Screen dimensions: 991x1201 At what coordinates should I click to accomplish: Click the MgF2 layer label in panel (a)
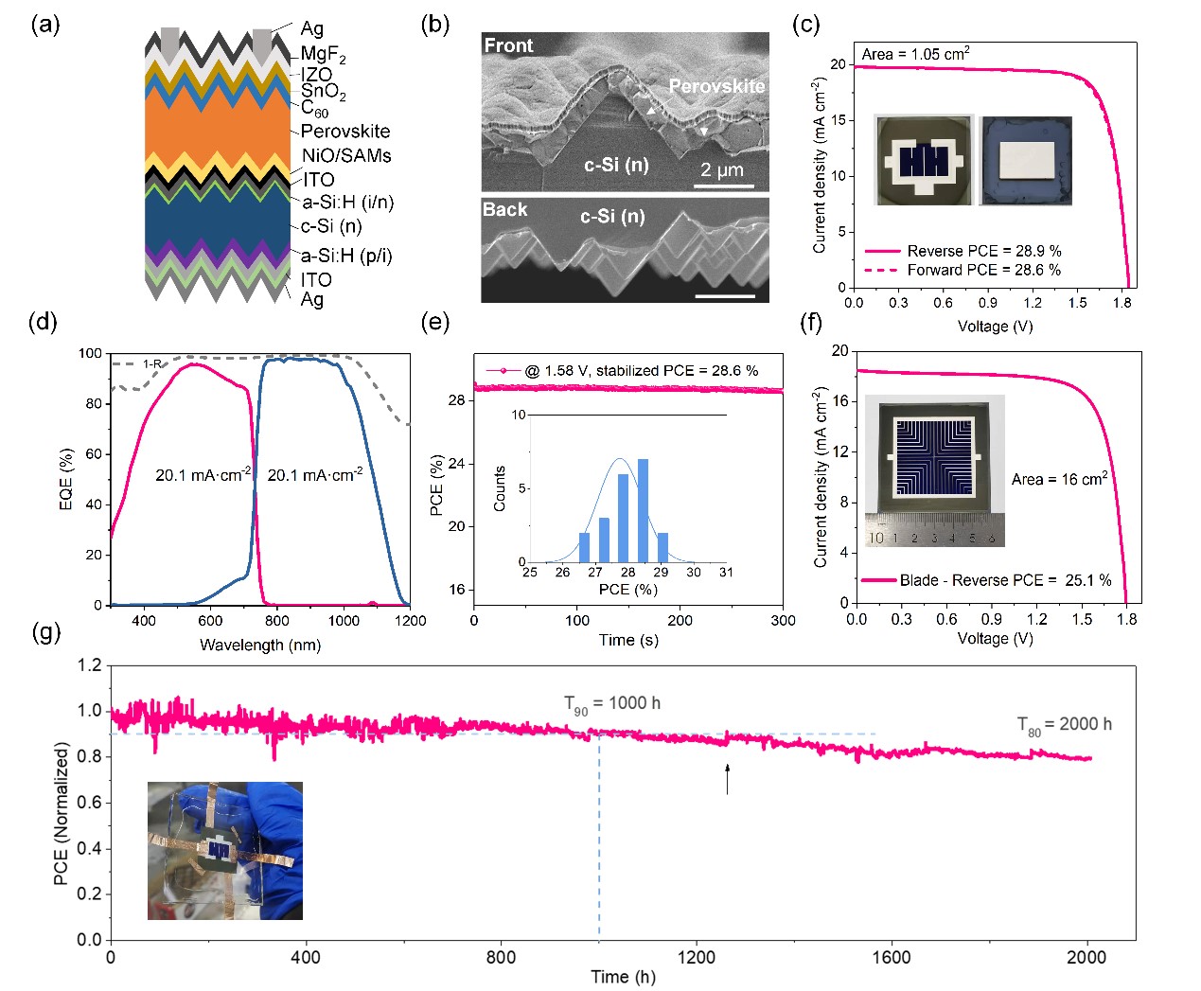tap(323, 55)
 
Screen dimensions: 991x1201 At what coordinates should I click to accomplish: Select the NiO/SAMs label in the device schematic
tap(346, 155)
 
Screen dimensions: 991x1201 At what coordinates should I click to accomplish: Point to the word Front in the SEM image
tap(508, 45)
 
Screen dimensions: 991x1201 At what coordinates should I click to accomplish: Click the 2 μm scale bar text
tap(722, 170)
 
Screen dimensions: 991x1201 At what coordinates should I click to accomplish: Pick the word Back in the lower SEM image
tap(504, 209)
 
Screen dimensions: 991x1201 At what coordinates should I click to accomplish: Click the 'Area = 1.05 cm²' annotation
tap(914, 54)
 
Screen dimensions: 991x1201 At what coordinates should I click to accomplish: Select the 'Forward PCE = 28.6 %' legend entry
tap(983, 270)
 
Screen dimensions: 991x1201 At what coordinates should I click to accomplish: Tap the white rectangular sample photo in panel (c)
tap(1027, 160)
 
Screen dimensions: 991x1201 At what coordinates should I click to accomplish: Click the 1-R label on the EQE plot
tap(152, 363)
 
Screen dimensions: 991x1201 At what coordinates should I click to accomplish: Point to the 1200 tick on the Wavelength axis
tap(410, 621)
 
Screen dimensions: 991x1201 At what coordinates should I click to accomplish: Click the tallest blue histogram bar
tap(643, 510)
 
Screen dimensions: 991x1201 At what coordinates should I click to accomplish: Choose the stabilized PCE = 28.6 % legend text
tap(642, 371)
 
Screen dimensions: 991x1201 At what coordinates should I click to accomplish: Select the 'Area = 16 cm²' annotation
tap(1059, 479)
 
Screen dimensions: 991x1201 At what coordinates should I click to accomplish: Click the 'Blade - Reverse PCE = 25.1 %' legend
tap(1005, 580)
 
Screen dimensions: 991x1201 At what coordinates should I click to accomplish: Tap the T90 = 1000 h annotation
tap(612, 703)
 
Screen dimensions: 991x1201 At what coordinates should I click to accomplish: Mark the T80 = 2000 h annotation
tap(1064, 725)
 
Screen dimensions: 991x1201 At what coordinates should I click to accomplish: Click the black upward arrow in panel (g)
tap(727, 778)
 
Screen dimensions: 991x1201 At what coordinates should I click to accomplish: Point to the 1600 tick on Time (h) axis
tap(891, 957)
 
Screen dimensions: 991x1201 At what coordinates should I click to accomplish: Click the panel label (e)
tap(434, 322)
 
